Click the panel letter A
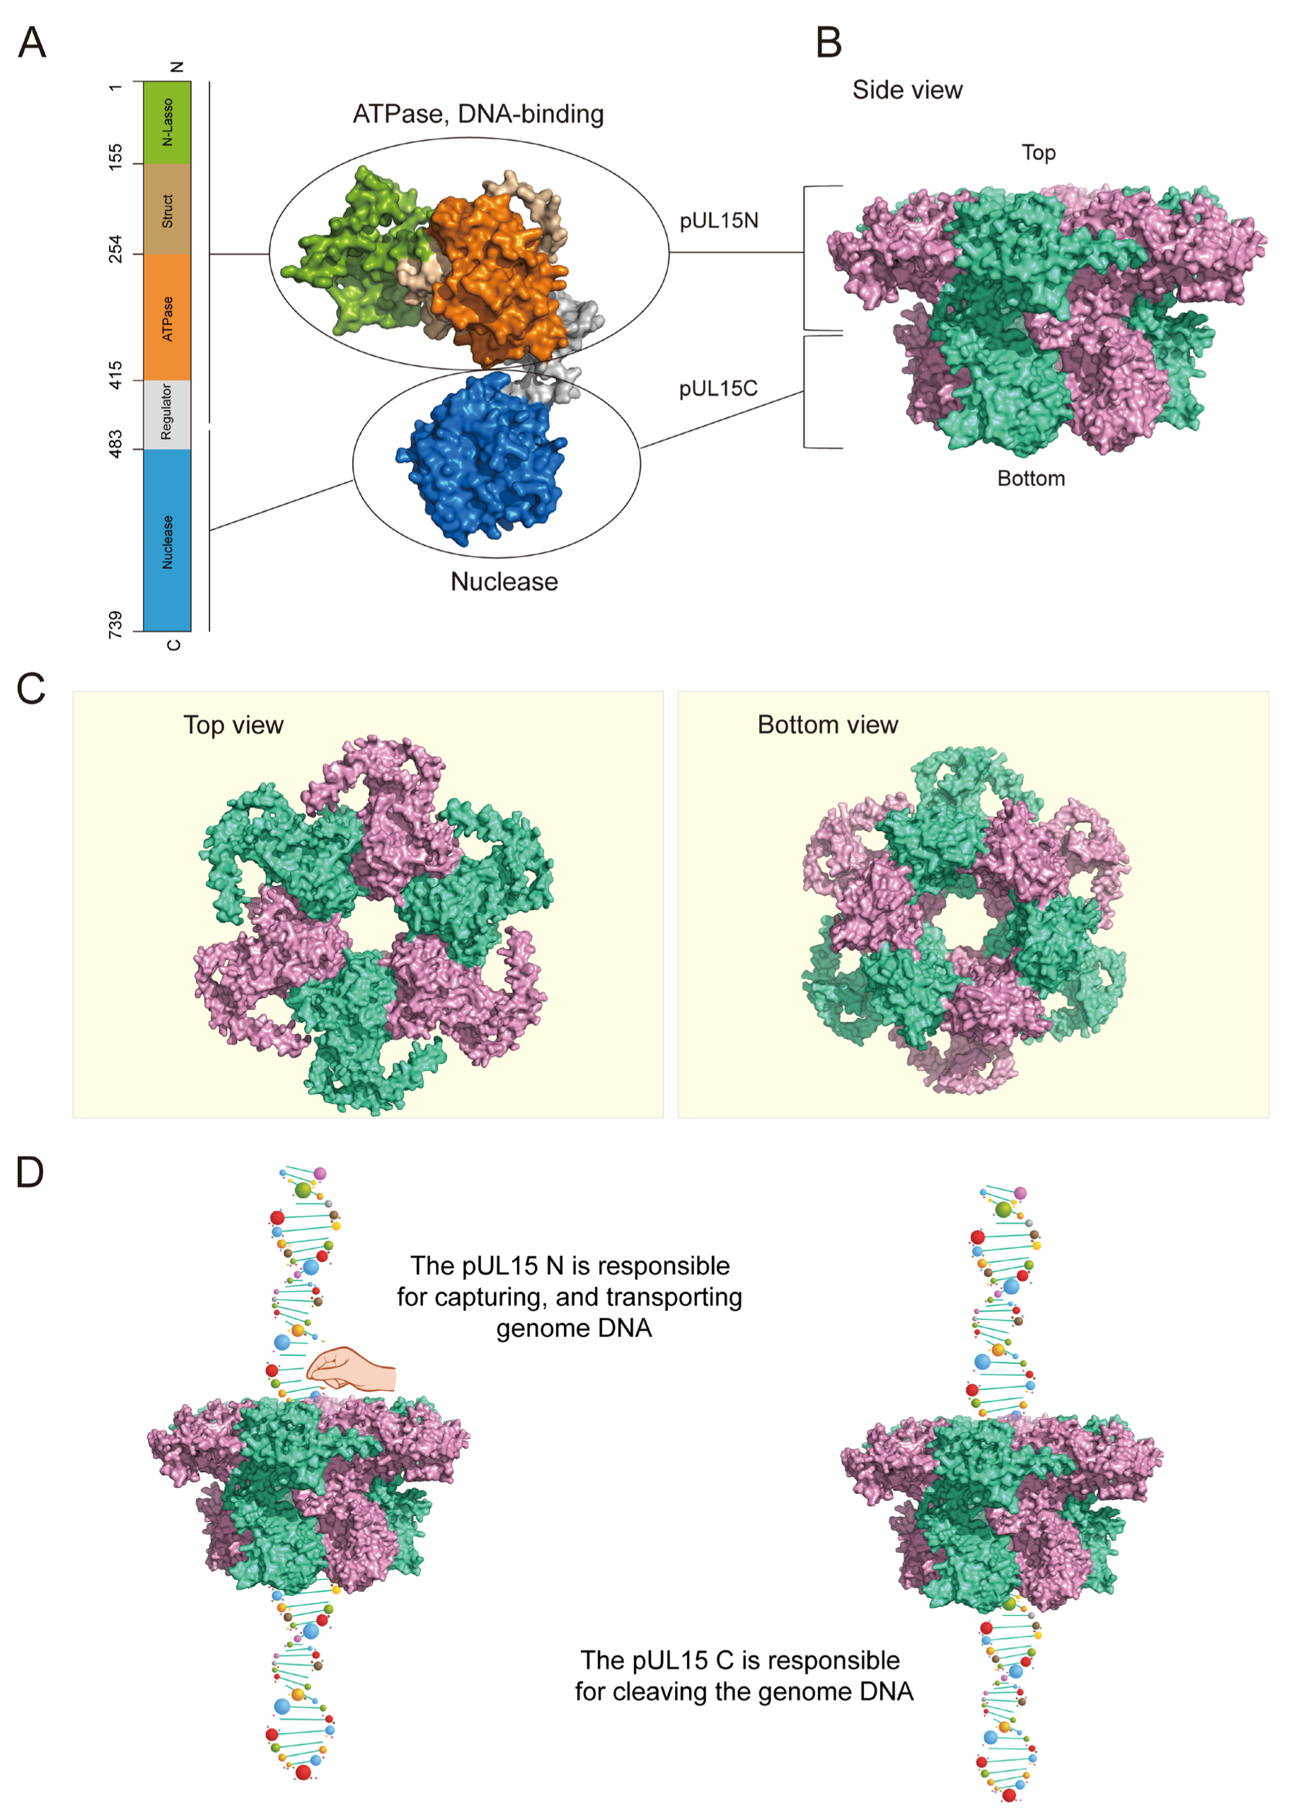point(32,42)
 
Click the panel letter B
point(829,42)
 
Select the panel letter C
point(31,688)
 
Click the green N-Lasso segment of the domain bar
point(167,122)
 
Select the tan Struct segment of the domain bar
point(167,210)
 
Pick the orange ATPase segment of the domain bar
point(167,318)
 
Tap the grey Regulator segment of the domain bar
point(167,413)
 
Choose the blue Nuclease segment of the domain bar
point(167,541)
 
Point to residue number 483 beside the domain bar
point(116,444)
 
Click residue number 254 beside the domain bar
point(116,249)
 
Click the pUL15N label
point(718,221)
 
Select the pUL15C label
point(717,389)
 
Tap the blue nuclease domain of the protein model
point(480,460)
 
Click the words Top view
point(233,725)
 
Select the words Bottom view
point(827,725)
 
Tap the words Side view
point(907,91)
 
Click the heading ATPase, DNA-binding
point(478,115)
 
